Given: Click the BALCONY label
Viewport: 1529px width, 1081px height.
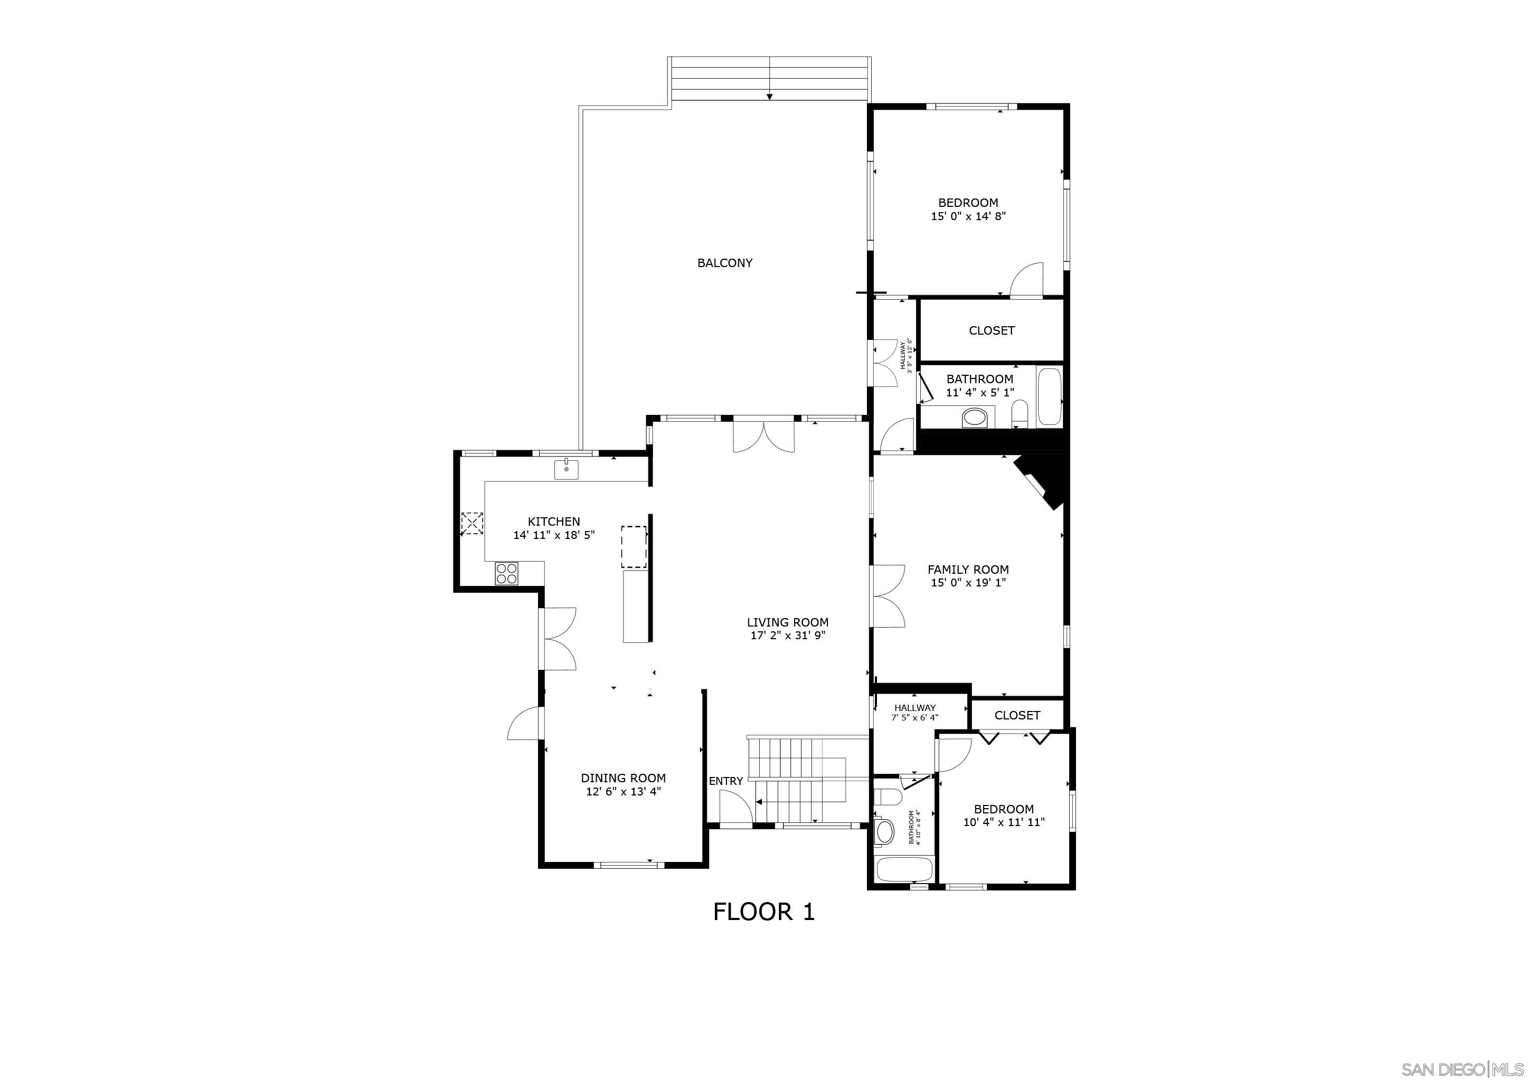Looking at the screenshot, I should pos(724,263).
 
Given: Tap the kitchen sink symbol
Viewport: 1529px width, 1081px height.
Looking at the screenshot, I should pos(566,469).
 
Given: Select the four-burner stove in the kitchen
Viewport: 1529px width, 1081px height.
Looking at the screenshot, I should pos(506,573).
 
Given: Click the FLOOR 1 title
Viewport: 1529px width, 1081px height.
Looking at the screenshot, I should pos(764,912).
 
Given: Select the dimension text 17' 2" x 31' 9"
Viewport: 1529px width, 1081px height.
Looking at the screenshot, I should pos(788,636).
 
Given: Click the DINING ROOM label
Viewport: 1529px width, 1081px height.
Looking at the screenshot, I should pos(622,778).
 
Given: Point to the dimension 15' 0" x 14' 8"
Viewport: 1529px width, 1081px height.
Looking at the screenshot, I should pos(968,216).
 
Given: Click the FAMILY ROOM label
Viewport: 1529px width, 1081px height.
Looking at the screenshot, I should pos(968,570).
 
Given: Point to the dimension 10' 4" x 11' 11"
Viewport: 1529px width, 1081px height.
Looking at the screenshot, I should pos(1004,822).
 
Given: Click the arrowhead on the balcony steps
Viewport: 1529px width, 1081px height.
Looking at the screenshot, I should pos(769,97).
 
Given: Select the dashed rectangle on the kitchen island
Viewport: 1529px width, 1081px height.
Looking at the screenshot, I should pos(634,546).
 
